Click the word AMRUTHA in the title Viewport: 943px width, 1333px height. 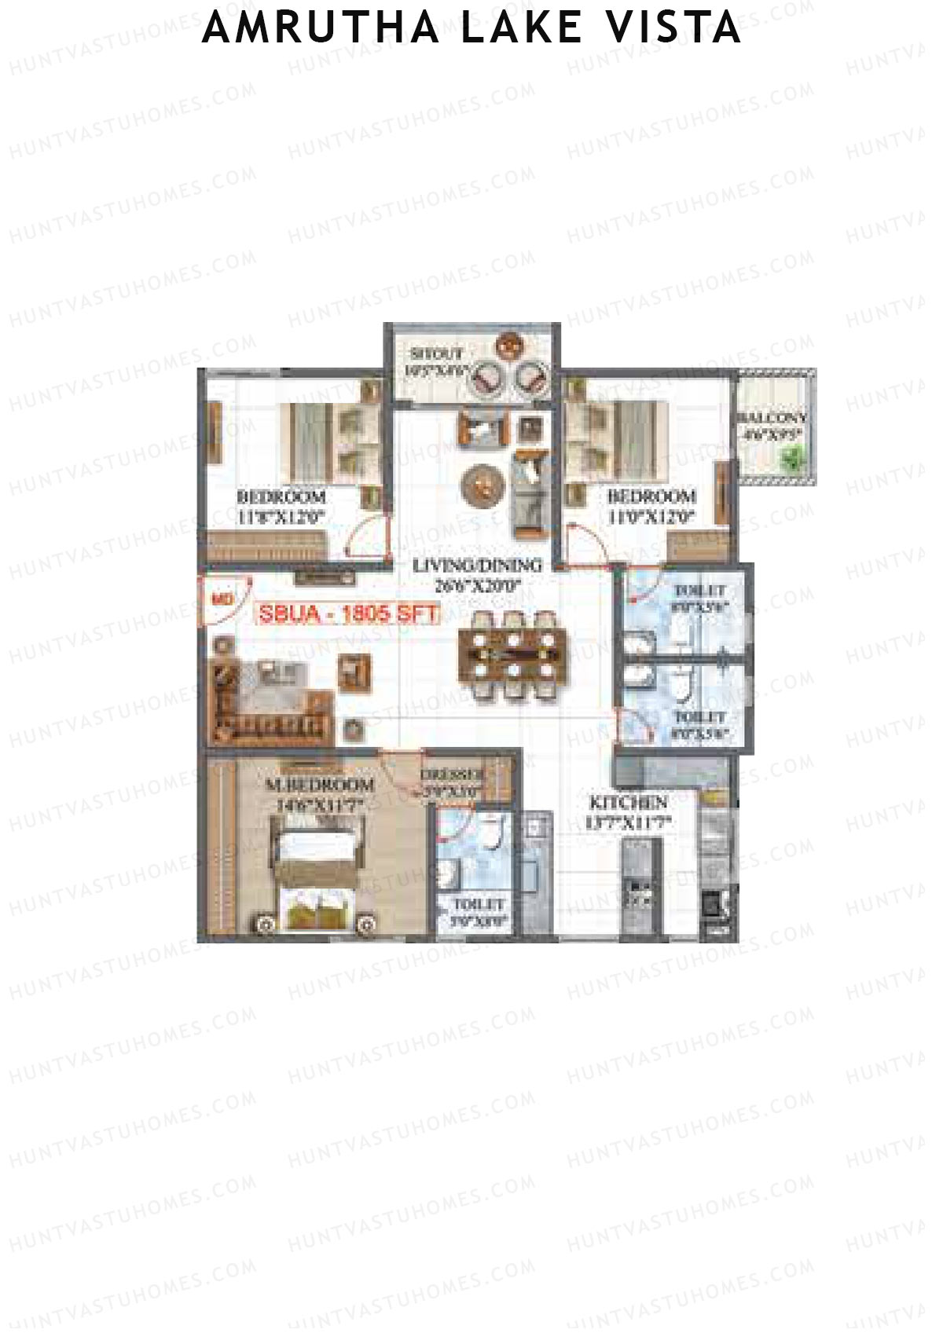pos(321,27)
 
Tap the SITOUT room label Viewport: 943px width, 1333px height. pos(436,354)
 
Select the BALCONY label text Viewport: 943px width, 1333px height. pos(772,417)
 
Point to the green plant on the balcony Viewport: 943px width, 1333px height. pos(795,456)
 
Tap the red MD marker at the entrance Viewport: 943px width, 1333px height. pos(221,599)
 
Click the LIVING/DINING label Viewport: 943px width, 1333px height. pos(477,565)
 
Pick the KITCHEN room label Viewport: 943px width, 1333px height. pos(629,803)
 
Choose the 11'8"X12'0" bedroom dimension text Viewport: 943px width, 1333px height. pos(281,517)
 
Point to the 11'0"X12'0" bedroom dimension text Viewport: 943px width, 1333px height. pos(651,517)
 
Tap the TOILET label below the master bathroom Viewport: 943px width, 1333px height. pos(478,905)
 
